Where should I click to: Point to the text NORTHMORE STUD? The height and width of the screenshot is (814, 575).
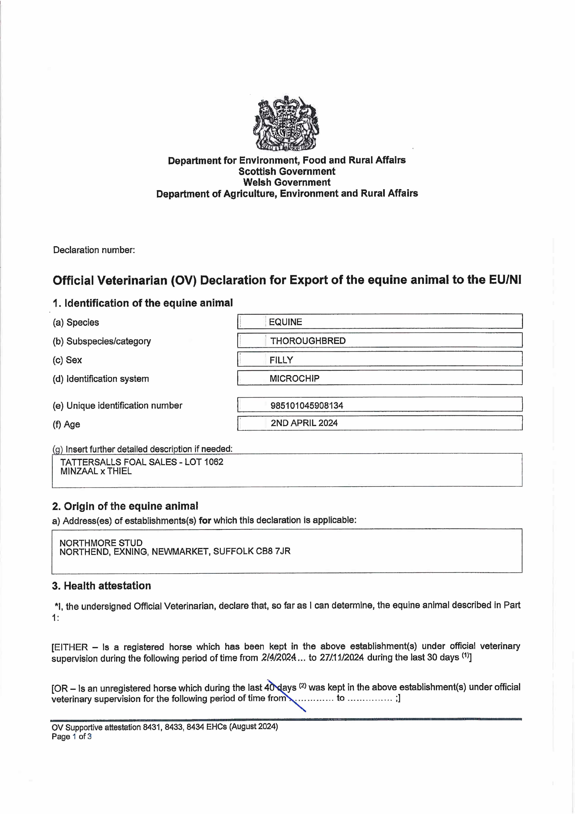[x=101, y=543]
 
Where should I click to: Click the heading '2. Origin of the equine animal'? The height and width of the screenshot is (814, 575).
[x=125, y=506]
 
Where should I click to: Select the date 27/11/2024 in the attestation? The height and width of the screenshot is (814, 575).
[x=342, y=657]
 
